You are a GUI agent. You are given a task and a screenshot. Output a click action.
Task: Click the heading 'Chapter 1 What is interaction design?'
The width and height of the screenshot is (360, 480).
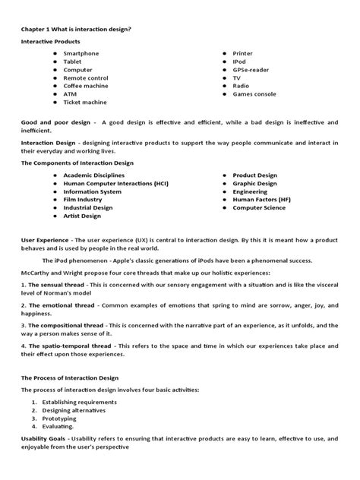tap(76, 29)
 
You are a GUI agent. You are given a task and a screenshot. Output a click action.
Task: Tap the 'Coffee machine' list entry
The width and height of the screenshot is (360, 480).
tap(88, 86)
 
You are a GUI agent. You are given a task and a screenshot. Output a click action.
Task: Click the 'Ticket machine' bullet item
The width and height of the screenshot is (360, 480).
tap(86, 102)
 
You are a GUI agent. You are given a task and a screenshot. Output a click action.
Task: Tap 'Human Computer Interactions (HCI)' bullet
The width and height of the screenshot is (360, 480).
tap(116, 183)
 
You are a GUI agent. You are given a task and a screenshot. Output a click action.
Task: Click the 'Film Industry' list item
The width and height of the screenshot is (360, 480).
tap(87, 199)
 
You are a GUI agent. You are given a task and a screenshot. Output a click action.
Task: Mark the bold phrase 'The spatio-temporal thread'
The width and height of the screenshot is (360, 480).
tap(70, 346)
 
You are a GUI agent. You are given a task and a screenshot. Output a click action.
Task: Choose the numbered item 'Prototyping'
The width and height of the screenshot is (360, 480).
tap(60, 417)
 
